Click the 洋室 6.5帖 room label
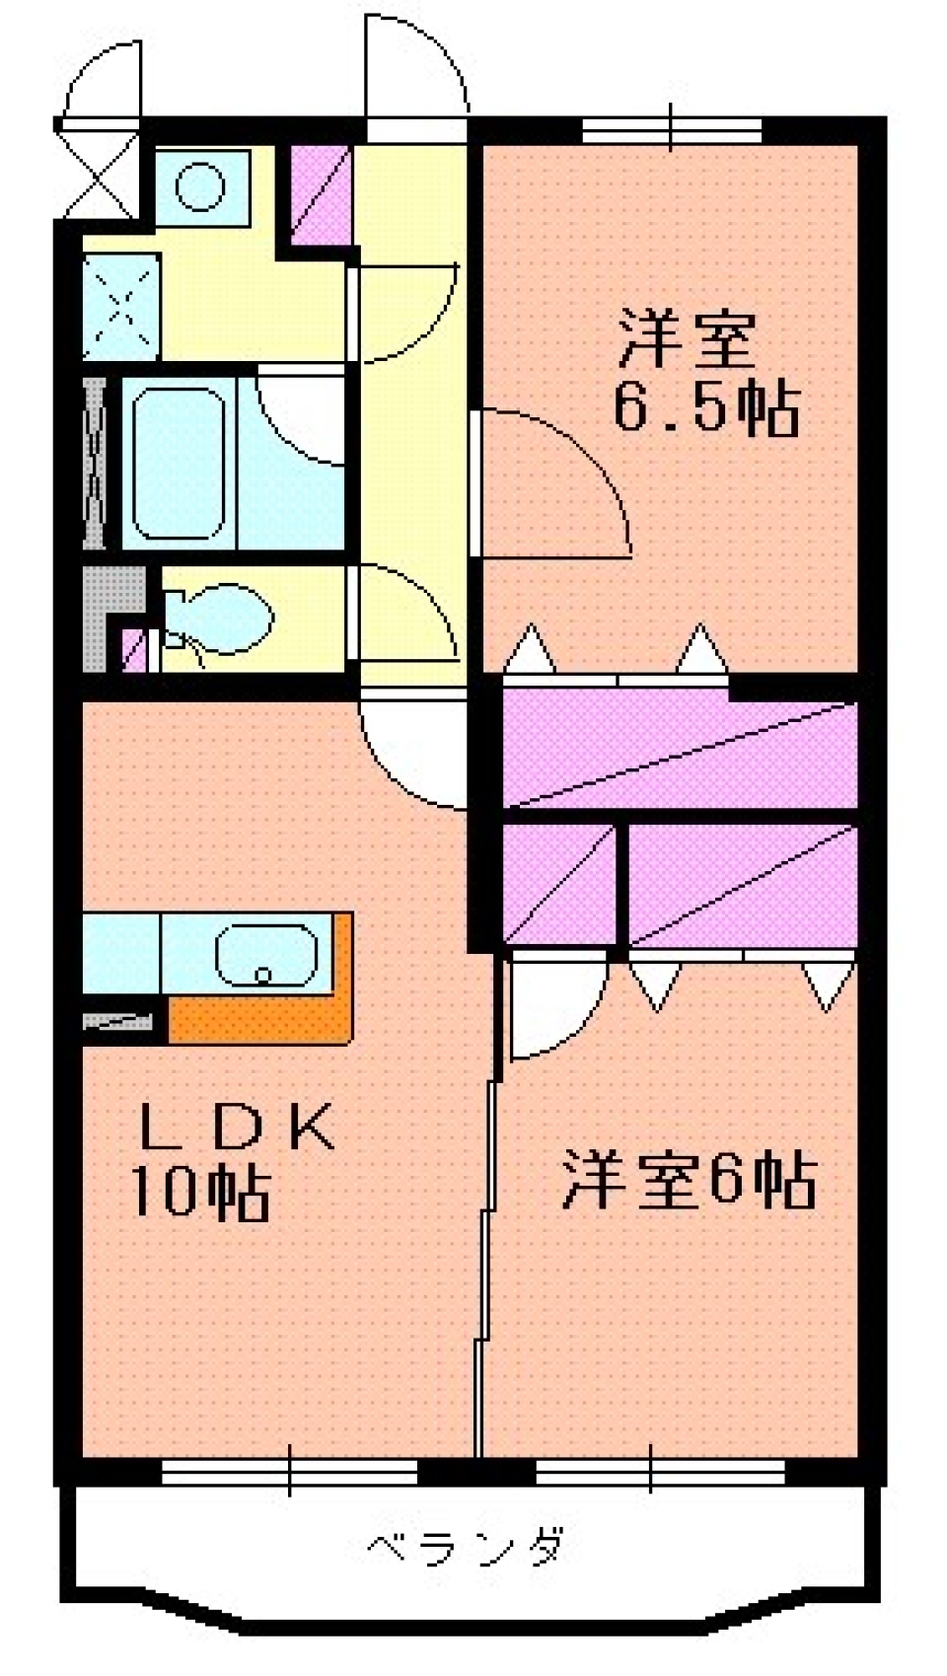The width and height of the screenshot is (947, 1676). click(705, 373)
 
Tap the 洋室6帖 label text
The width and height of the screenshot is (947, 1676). click(689, 1179)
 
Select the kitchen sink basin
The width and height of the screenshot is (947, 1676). click(266, 955)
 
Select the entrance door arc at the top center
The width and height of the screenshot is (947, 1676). click(414, 64)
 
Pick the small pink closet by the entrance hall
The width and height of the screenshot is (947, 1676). click(322, 195)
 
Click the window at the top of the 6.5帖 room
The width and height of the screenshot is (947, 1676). click(671, 129)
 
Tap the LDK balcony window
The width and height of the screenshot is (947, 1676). click(289, 1472)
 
